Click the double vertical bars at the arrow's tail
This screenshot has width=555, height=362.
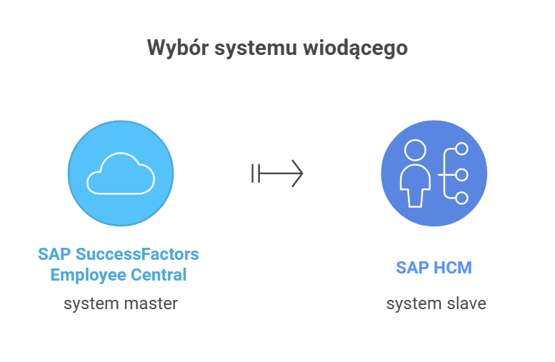(x=255, y=173)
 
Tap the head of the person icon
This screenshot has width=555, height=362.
(x=414, y=151)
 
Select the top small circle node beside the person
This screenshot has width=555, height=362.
(x=461, y=149)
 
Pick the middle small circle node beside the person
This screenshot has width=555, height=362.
(x=461, y=174)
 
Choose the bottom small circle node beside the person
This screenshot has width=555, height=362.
(x=461, y=198)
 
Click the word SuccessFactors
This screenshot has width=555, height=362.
(x=137, y=254)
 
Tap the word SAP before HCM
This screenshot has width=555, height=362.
(x=411, y=268)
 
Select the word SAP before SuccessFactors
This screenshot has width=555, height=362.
(x=54, y=254)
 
